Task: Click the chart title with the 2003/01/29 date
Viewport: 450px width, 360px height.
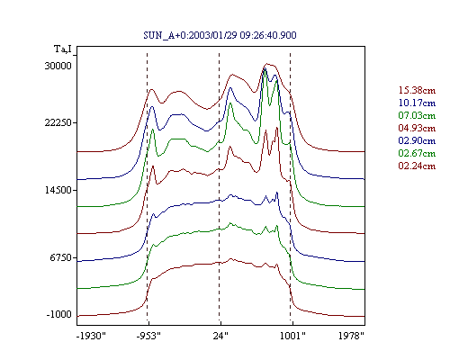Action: tap(220, 35)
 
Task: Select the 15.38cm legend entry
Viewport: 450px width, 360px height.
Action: tap(417, 90)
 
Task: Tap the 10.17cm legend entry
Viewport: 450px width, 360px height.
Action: tap(417, 103)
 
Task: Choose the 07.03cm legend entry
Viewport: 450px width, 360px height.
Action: tap(417, 115)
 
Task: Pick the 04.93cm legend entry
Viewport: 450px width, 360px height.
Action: tap(417, 128)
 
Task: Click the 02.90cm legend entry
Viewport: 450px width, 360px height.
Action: tap(417, 140)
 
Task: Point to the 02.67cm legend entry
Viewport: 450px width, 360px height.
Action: tap(417, 153)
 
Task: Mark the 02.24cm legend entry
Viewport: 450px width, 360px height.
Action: tap(417, 166)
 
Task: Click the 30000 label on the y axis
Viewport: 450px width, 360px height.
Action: tap(58, 66)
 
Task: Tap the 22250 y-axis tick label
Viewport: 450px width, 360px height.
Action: tap(58, 122)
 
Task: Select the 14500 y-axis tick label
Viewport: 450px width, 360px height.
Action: tap(58, 190)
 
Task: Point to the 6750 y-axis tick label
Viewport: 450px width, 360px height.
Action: tap(61, 257)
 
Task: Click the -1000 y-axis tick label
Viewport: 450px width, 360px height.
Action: tap(58, 314)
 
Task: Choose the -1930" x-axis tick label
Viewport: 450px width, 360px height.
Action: tap(91, 336)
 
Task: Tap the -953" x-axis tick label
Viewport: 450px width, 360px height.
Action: tap(148, 336)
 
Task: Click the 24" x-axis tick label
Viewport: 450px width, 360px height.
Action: tap(220, 336)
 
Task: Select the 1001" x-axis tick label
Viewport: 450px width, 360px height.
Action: tap(292, 336)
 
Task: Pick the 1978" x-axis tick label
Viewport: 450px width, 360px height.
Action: tap(351, 336)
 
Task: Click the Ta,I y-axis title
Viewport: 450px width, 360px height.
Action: tap(63, 49)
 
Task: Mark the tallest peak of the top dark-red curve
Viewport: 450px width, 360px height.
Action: tap(266, 64)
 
